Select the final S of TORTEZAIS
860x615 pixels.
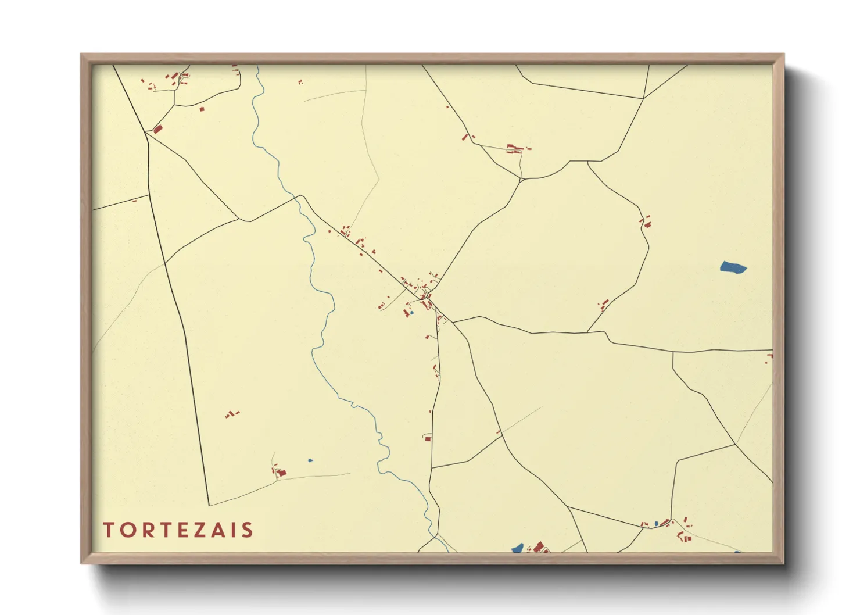pos(248,530)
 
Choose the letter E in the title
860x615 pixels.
pos(185,530)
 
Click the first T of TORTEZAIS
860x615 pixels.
pos(109,530)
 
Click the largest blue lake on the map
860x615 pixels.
pos(733,268)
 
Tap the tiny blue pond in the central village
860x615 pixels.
pos(411,313)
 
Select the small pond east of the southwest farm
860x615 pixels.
pos(310,460)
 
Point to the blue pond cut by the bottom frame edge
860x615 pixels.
pos(517,548)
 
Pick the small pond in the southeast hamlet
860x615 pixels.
pos(657,524)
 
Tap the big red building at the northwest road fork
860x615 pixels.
pos(157,129)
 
